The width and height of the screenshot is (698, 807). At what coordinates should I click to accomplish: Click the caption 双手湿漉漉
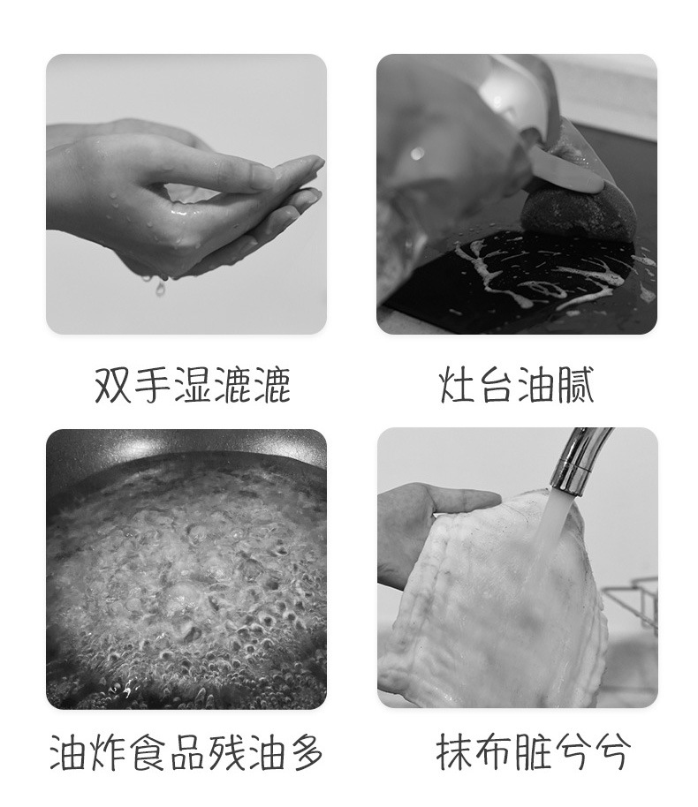[x=193, y=385]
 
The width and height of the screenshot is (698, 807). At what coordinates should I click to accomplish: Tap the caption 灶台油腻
[x=517, y=385]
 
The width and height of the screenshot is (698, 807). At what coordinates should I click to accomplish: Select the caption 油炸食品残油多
[x=186, y=752]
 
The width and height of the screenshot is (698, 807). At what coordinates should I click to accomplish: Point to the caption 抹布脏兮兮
[x=533, y=752]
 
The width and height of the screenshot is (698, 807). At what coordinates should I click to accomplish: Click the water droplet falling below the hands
[x=161, y=289]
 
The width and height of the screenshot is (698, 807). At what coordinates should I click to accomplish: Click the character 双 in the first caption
[x=112, y=385]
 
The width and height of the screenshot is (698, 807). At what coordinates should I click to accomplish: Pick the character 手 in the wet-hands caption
[x=153, y=385]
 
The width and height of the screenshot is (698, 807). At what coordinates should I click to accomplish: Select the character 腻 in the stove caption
[x=575, y=385]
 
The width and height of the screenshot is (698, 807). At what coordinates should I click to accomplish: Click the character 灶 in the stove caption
[x=458, y=385]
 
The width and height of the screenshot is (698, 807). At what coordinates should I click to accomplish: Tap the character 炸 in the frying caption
[x=108, y=752]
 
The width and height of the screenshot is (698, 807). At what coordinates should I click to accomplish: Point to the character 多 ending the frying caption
[x=306, y=752]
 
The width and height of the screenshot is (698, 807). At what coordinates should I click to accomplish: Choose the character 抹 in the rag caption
[x=455, y=752]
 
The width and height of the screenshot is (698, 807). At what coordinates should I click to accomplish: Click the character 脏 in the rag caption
[x=533, y=752]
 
